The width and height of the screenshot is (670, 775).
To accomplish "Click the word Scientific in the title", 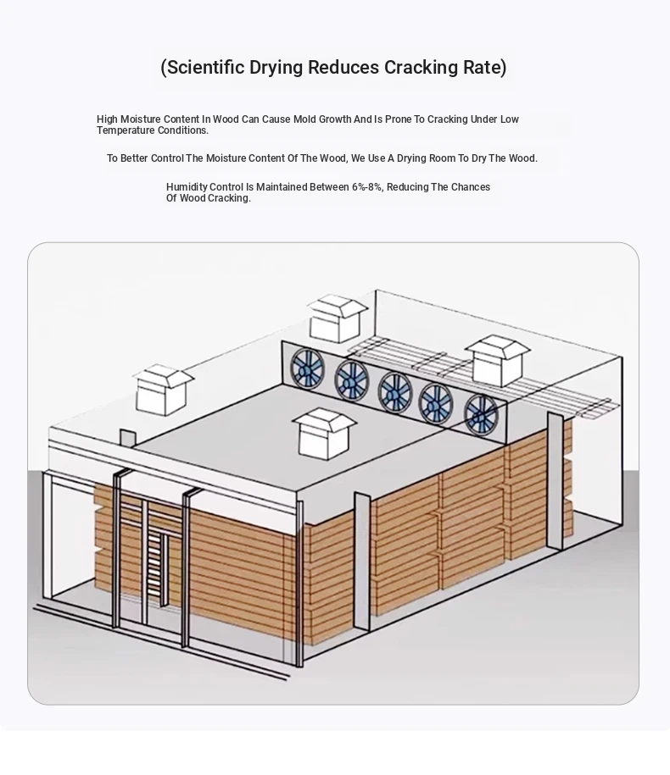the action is click(205, 67).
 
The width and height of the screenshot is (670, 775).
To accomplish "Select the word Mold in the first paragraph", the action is click(304, 119).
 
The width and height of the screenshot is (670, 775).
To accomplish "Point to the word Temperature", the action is click(126, 130).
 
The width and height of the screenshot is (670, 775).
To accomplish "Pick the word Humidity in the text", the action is click(187, 187).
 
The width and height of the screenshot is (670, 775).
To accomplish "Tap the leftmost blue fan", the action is click(307, 368).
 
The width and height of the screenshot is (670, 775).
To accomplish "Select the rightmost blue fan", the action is click(481, 414).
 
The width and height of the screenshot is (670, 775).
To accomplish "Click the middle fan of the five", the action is click(395, 391).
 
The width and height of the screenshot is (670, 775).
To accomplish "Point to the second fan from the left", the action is click(352, 380).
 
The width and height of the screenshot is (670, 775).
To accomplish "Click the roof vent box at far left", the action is click(162, 390).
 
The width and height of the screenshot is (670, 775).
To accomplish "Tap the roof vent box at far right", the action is click(497, 360).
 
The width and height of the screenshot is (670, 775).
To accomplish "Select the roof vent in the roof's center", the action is click(324, 434).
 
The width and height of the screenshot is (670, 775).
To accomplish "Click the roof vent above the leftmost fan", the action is click(338, 318).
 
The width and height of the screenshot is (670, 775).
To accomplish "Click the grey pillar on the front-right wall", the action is click(362, 561).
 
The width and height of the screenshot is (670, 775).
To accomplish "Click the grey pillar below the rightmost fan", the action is click(555, 481).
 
